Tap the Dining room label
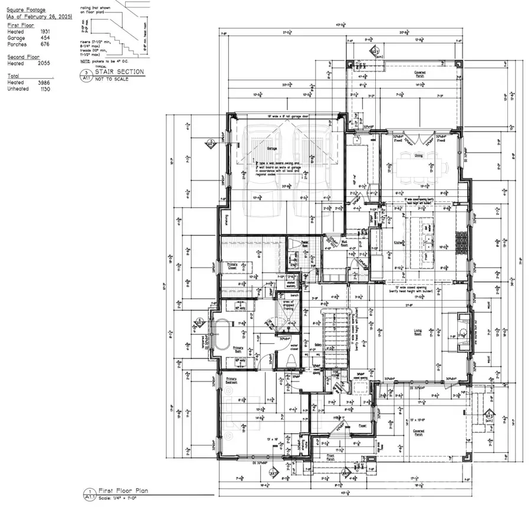tap(418, 156)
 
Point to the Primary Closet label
tap(232, 266)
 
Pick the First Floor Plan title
tap(121, 490)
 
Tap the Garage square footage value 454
tap(44, 38)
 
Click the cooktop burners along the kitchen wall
tap(460, 240)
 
